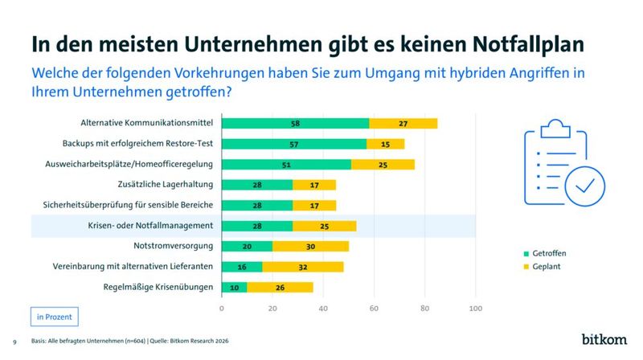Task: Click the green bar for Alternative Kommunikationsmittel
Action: [295, 123]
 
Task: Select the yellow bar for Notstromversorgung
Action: [310, 246]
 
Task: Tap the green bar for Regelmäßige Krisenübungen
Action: [235, 287]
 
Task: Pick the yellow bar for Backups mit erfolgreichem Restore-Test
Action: [385, 144]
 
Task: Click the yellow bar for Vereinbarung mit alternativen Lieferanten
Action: [303, 267]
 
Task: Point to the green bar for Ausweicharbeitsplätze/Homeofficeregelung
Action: [286, 164]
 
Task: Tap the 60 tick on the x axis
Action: [374, 307]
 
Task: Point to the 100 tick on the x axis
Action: [475, 307]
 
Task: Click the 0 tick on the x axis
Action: [222, 307]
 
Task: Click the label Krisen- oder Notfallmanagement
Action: [152, 226]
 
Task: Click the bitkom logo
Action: [604, 339]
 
